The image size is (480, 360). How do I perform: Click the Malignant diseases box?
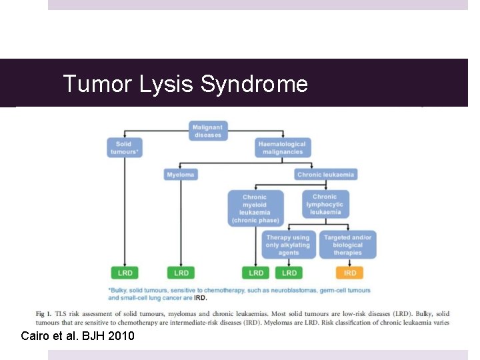(208, 131)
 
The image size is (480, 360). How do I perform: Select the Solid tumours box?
(124, 148)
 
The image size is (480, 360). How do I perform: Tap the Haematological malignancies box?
(282, 148)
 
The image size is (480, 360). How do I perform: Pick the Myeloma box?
(181, 175)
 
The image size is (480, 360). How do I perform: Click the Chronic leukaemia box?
(326, 175)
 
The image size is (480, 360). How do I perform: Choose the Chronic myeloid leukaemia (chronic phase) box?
(255, 208)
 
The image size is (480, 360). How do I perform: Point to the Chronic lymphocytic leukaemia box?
(325, 205)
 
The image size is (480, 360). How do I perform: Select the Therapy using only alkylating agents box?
(287, 245)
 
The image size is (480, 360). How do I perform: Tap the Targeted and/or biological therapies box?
(348, 245)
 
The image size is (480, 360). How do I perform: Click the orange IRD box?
(350, 273)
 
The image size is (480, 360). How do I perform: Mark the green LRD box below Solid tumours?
(125, 273)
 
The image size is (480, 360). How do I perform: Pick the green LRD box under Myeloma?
(181, 273)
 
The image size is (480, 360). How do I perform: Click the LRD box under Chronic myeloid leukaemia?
(256, 273)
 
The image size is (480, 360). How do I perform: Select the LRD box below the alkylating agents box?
(289, 273)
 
